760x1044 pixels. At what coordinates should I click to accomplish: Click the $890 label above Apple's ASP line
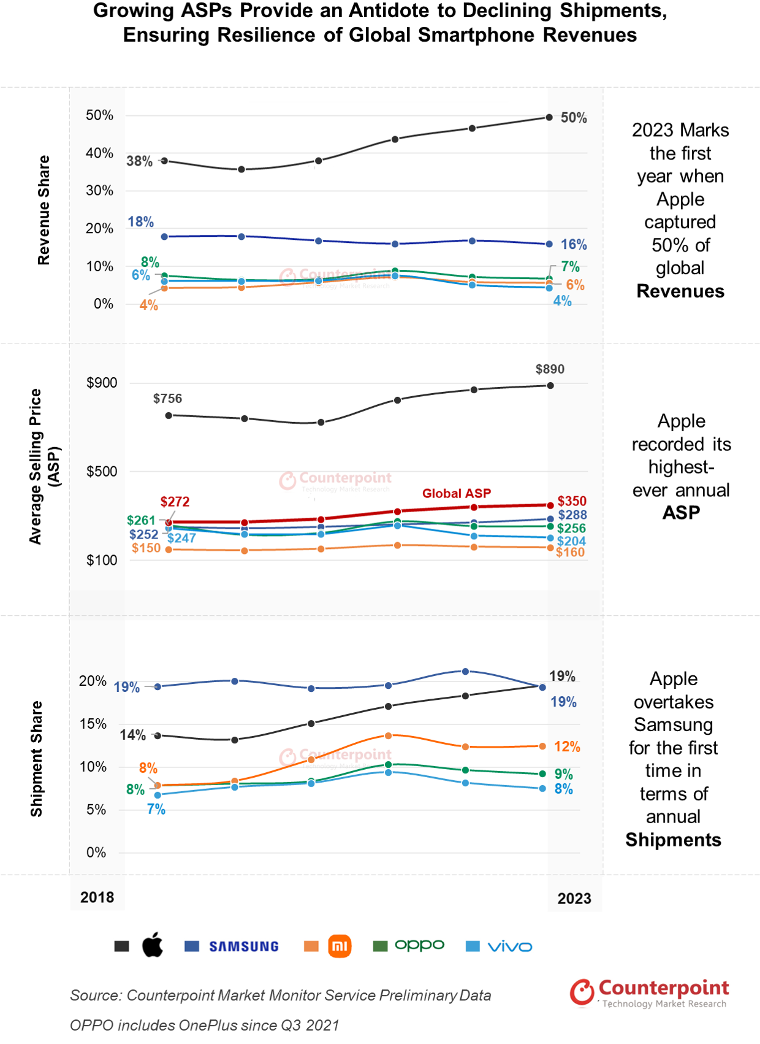pyautogui.click(x=550, y=369)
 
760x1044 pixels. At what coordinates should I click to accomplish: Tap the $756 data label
pyautogui.click(x=167, y=399)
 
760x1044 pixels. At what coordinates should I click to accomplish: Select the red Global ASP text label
pyautogui.click(x=457, y=494)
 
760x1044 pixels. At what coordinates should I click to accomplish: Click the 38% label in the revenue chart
pyautogui.click(x=139, y=161)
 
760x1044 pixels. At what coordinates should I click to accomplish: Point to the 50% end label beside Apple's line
pyautogui.click(x=574, y=118)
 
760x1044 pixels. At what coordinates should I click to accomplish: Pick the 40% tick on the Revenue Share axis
pyautogui.click(x=99, y=153)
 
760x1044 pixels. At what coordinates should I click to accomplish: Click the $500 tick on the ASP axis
pyautogui.click(x=102, y=472)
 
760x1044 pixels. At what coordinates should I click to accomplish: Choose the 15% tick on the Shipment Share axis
pyautogui.click(x=93, y=724)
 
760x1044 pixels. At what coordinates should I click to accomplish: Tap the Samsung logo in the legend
pyautogui.click(x=244, y=946)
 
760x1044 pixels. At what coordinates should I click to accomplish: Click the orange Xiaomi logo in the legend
pyautogui.click(x=340, y=946)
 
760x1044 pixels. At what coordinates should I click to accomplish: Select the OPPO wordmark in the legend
pyautogui.click(x=419, y=945)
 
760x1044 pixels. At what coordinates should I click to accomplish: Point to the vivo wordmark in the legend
pyautogui.click(x=510, y=947)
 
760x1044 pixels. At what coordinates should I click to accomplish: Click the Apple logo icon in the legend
pyautogui.click(x=153, y=945)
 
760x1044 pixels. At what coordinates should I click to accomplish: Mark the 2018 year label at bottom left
pyautogui.click(x=97, y=897)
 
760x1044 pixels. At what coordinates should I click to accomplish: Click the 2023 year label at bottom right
pyautogui.click(x=574, y=899)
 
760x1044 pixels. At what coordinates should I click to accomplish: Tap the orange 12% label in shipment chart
pyautogui.click(x=567, y=747)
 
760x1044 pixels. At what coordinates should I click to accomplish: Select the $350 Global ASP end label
pyautogui.click(x=572, y=502)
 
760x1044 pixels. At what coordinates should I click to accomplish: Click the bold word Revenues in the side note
pyautogui.click(x=680, y=291)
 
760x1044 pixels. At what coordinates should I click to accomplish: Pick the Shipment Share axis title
pyautogui.click(x=37, y=759)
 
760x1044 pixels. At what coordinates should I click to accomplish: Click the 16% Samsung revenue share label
pyautogui.click(x=574, y=245)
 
